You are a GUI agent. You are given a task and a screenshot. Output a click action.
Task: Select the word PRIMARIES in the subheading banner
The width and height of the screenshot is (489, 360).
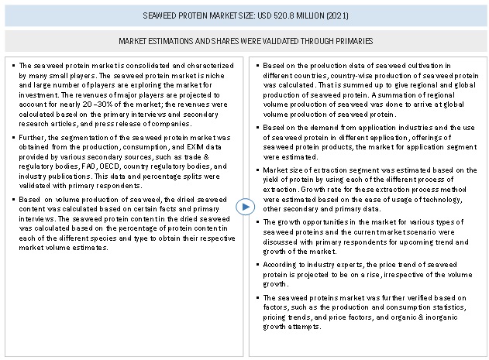351,40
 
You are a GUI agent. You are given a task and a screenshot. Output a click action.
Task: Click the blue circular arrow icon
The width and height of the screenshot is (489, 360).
245,207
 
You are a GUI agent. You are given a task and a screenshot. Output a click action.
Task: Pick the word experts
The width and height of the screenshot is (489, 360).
345,264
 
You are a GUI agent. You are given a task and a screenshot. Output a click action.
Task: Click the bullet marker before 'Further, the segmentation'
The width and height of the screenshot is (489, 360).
13,137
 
